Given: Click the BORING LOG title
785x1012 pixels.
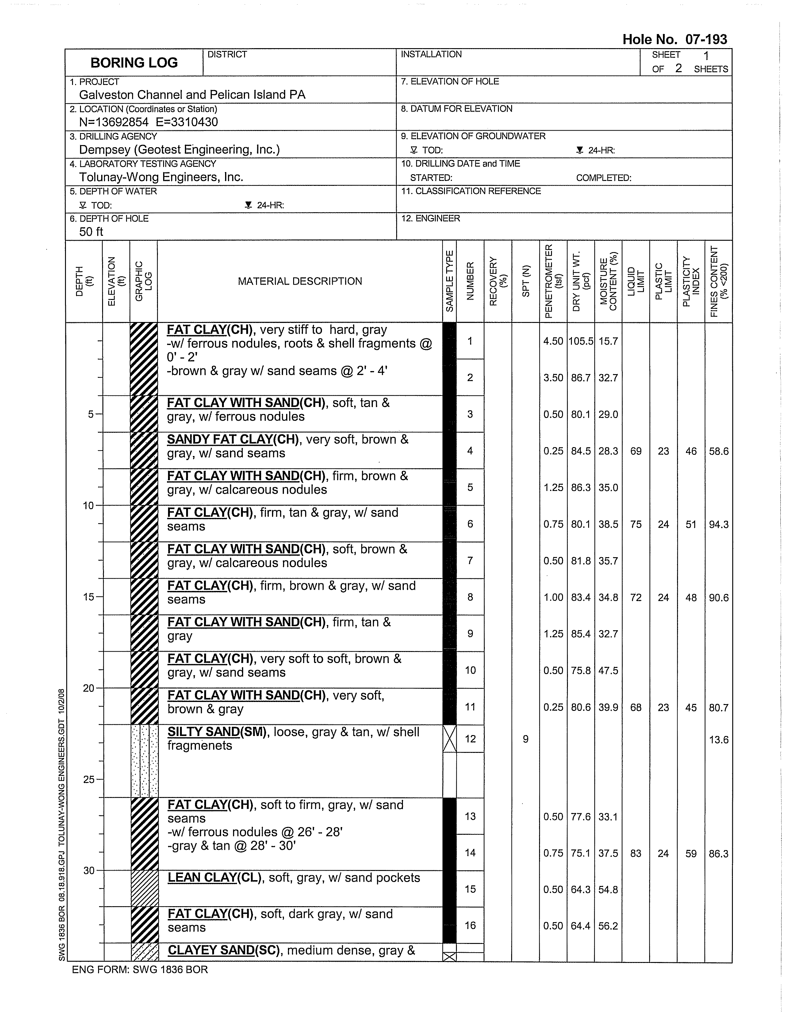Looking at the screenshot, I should click(x=134, y=63).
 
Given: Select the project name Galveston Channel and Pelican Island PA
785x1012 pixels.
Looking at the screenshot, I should click(x=192, y=95).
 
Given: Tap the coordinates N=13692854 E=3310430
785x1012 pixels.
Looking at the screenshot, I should click(x=148, y=122).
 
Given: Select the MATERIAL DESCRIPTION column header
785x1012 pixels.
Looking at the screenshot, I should click(x=300, y=281).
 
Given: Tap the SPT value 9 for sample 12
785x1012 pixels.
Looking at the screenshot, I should click(x=526, y=739).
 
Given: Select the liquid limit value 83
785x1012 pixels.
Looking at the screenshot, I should click(x=636, y=853).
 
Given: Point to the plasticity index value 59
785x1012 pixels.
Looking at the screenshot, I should click(x=691, y=853).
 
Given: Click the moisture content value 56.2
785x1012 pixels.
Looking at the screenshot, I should click(x=608, y=926).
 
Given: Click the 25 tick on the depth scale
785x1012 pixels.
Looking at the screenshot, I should click(x=89, y=779).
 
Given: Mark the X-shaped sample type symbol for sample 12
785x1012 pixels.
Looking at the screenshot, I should click(x=450, y=739).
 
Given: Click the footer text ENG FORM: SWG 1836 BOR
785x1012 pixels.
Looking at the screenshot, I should click(x=140, y=969).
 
